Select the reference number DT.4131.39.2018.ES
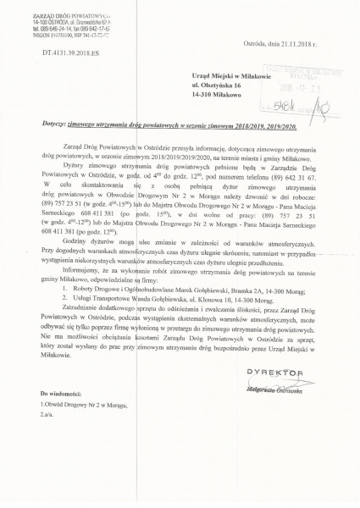[x=41, y=52]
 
